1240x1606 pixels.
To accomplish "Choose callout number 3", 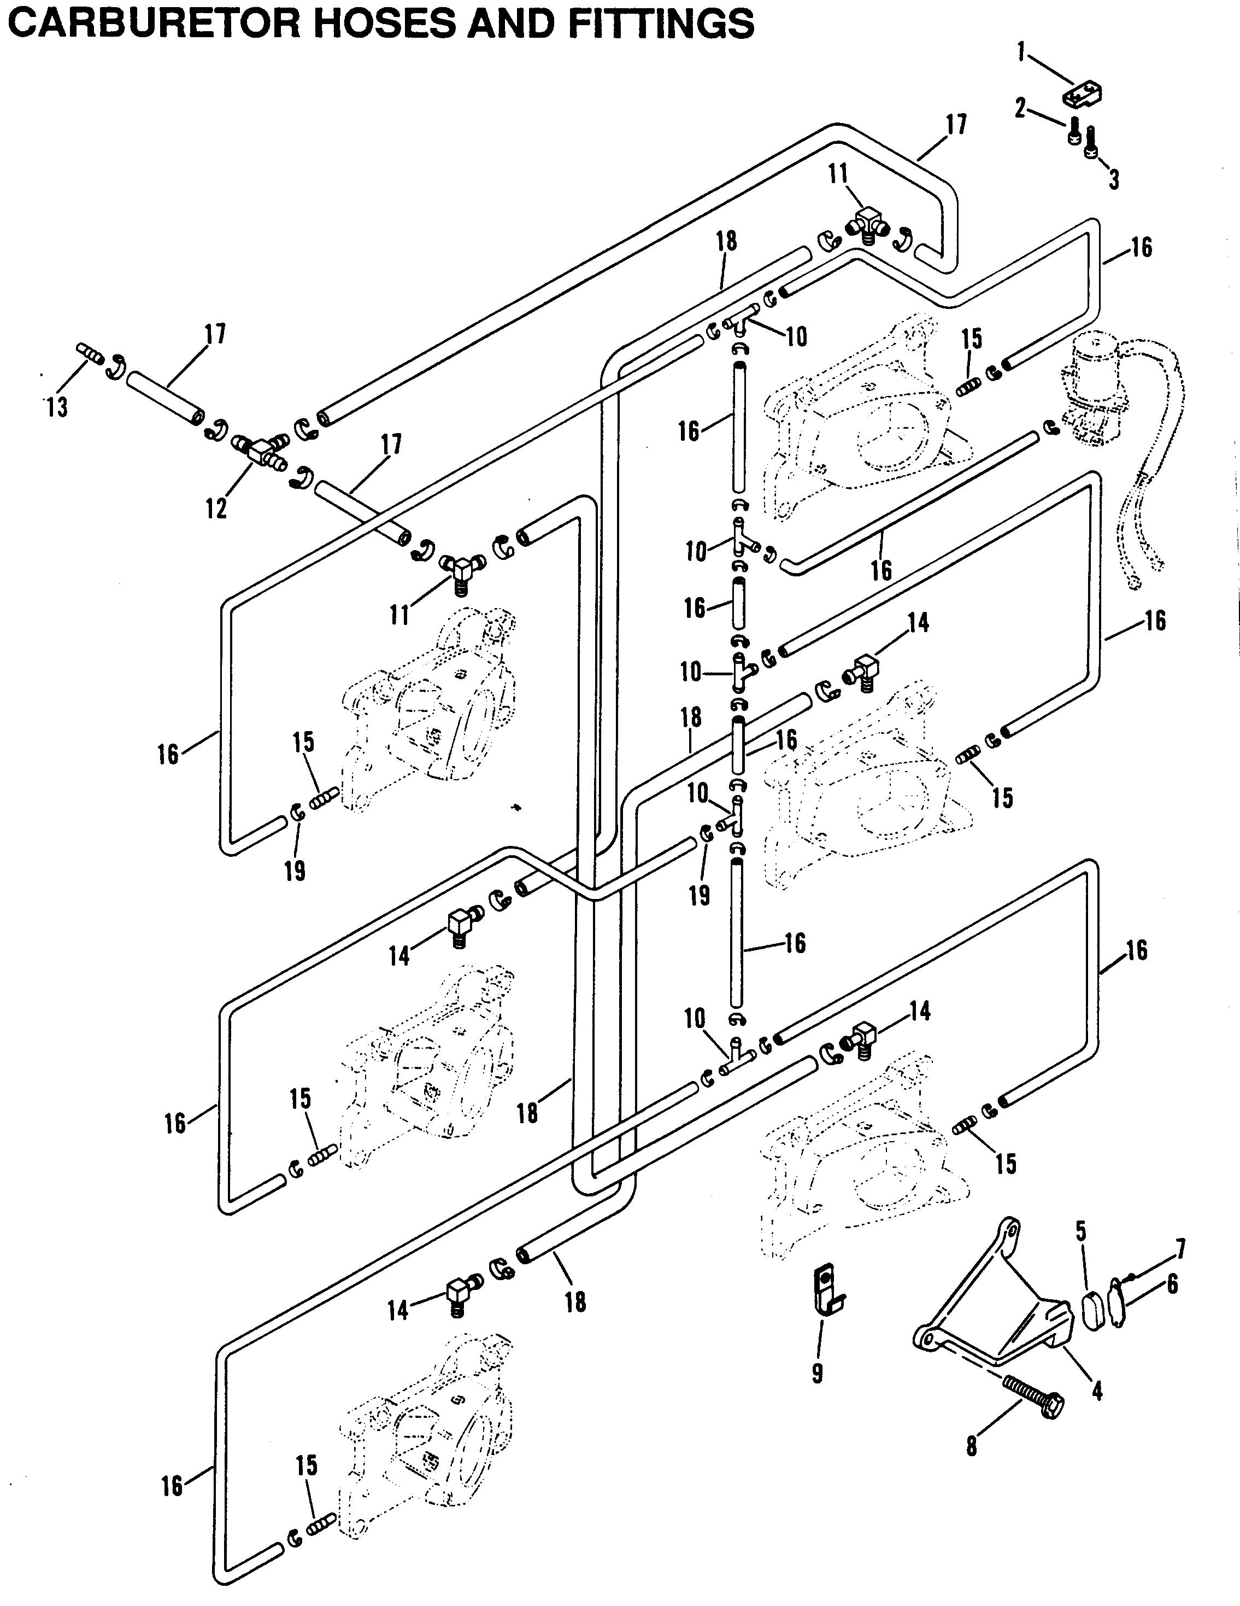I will (x=1114, y=179).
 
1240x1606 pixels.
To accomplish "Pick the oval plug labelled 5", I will (x=1091, y=1311).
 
